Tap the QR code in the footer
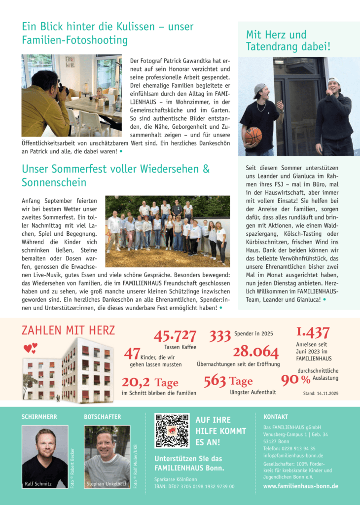coord(172,431)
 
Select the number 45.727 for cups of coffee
coord(175,335)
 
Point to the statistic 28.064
coord(256,352)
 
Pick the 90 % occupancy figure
coord(295,380)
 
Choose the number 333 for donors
coord(220,336)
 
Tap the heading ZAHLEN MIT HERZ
coord(68,330)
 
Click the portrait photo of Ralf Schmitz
coord(45,456)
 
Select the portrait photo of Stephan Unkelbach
coord(107,456)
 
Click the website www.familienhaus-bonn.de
coord(301,486)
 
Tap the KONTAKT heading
coord(276,417)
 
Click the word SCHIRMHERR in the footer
coord(39,417)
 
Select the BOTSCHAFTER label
coord(102,417)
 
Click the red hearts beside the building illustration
coord(30,348)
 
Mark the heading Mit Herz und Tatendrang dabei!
coord(288,41)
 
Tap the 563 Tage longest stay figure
coord(228,381)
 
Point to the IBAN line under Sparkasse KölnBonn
coord(194,486)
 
